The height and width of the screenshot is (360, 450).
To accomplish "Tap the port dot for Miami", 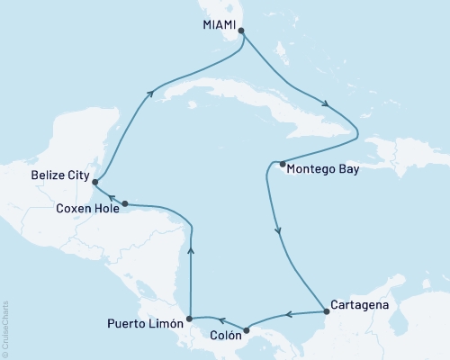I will point(240,29).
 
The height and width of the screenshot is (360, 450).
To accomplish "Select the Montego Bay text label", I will point(324,166).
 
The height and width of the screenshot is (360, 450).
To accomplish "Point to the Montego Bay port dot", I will point(283,164).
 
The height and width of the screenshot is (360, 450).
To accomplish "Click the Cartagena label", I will point(359,305).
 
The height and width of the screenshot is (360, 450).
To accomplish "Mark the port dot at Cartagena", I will point(325,312).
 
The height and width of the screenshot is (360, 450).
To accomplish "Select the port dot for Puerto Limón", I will point(190,319).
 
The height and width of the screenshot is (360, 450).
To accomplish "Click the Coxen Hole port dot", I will point(125,203).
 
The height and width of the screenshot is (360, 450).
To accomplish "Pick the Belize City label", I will point(59,176).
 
